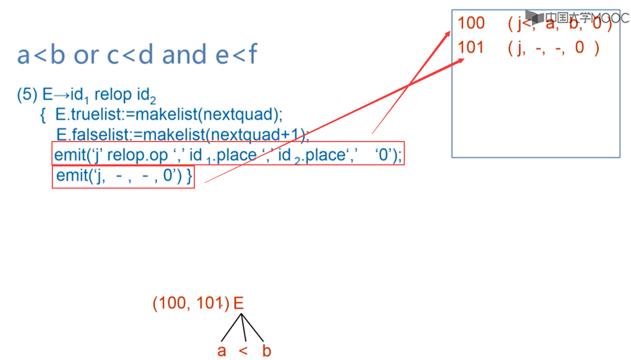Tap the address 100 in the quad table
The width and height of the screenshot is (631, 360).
471,23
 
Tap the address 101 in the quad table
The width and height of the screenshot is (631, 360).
470,47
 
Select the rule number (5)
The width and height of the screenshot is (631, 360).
27,94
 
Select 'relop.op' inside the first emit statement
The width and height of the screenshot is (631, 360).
137,155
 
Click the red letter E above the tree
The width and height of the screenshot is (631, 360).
239,303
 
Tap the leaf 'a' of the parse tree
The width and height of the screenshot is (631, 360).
221,351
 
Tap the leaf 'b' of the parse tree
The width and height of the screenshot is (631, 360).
267,351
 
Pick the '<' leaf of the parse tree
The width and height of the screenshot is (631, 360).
243,351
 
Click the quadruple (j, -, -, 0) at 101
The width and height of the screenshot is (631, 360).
553,48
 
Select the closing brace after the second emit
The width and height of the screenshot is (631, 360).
190,176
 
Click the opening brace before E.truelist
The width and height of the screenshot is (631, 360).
43,115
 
